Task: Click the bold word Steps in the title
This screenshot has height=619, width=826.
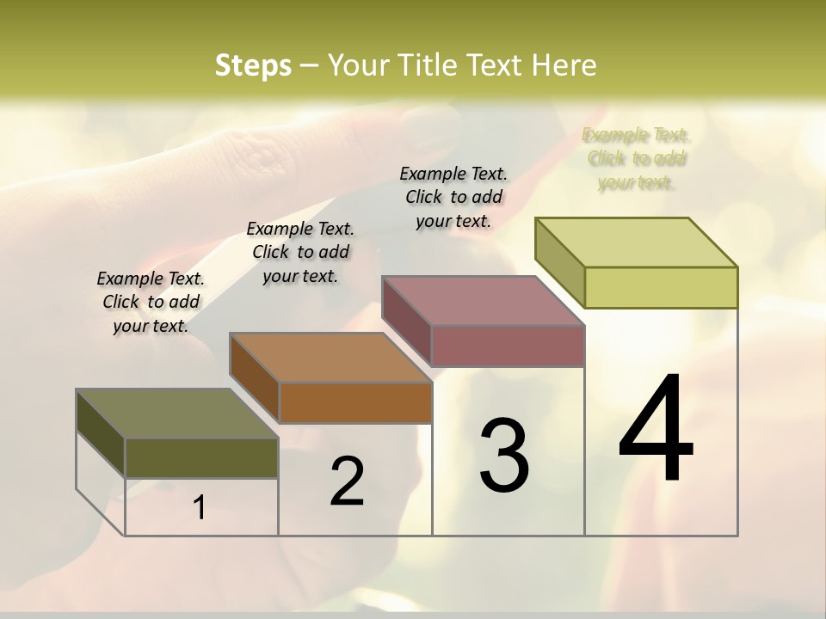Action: [x=253, y=65]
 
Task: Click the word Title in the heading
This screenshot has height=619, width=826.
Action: [x=430, y=65]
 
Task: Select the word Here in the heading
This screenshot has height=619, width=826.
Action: [x=564, y=65]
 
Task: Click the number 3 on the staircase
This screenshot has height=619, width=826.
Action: [x=504, y=456]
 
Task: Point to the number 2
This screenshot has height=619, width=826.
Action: [x=347, y=481]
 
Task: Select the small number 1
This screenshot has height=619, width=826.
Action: [x=199, y=508]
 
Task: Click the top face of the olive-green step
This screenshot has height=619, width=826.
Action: [x=176, y=414]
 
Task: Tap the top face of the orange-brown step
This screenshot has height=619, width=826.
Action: [x=330, y=358]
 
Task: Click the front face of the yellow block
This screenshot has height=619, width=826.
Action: [x=661, y=287]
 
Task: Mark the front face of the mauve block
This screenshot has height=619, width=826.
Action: [x=508, y=346]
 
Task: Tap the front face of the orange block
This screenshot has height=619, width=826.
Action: [x=354, y=402]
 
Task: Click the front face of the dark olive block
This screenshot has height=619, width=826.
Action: [x=201, y=457]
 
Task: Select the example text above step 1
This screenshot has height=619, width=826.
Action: [x=151, y=302]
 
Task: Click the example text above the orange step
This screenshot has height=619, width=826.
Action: [x=300, y=252]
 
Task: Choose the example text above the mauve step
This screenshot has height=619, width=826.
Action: [x=453, y=197]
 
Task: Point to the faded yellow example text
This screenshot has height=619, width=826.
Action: [x=636, y=158]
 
